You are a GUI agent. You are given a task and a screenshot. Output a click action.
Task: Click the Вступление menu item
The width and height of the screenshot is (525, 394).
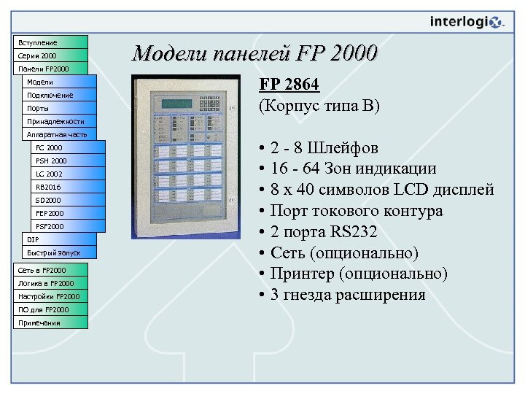coord(50,42)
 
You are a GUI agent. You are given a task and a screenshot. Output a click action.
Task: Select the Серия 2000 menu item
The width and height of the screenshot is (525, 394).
coord(50,55)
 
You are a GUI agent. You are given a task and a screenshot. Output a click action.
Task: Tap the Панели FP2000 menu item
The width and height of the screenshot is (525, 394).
coord(50,69)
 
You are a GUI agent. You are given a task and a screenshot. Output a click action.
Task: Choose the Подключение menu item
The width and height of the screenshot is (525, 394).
coord(58,95)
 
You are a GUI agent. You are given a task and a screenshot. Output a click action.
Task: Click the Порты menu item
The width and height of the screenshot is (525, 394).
coord(58,108)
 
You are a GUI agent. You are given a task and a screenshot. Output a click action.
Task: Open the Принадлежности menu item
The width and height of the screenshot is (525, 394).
coord(58,121)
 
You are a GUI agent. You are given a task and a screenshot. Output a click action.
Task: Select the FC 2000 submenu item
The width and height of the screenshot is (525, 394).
coord(69,147)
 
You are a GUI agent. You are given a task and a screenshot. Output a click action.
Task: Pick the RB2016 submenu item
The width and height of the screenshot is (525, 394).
coord(69,187)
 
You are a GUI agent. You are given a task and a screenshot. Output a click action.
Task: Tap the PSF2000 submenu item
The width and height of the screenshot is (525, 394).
coord(69,226)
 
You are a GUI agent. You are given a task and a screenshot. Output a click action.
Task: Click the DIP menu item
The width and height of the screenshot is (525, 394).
coord(58,239)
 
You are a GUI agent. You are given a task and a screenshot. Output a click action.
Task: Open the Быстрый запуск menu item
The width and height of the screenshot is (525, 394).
coord(58,252)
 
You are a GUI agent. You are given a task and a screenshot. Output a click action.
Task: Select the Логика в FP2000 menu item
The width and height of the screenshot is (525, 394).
coord(50,283)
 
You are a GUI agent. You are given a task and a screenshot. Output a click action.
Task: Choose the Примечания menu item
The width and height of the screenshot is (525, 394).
coord(50,322)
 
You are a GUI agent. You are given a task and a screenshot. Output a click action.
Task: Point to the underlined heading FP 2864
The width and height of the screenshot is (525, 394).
coord(289,85)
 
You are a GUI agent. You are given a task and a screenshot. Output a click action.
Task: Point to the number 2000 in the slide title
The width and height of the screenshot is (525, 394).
coord(354,54)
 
